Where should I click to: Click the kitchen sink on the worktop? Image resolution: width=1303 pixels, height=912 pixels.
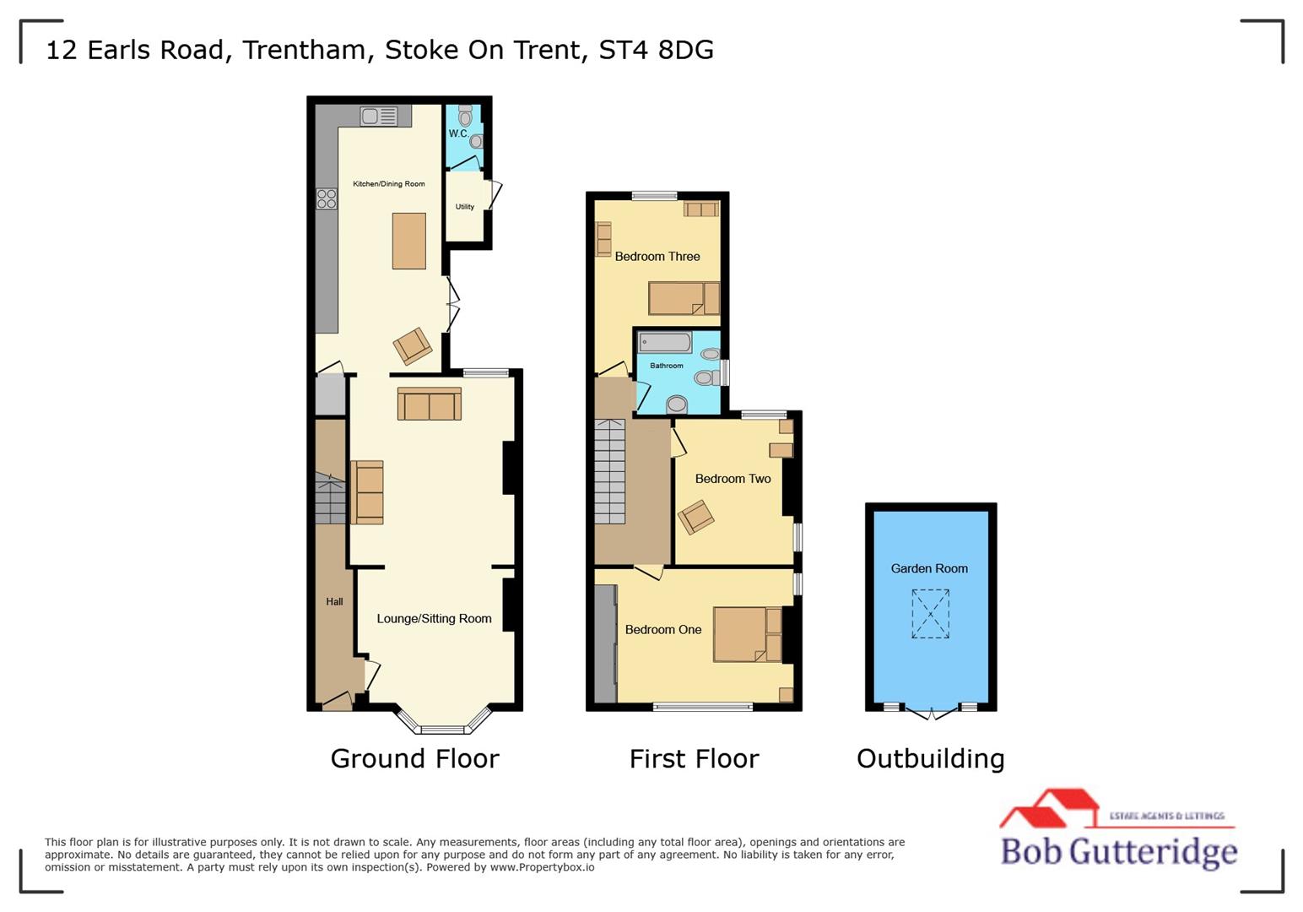tap(379, 117)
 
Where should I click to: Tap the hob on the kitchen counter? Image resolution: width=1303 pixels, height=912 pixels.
tap(327, 199)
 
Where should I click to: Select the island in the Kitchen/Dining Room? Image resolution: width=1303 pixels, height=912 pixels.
tap(409, 242)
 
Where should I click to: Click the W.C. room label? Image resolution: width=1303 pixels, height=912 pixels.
tap(458, 133)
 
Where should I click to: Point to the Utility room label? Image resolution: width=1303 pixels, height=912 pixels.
tap(465, 207)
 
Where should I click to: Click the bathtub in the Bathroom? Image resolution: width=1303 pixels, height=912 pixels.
tap(665, 343)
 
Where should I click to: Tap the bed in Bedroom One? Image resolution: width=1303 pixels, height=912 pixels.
tap(747, 634)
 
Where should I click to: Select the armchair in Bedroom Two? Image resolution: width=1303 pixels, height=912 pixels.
tap(696, 517)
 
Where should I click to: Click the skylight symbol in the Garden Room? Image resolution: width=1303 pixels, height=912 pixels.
tap(930, 613)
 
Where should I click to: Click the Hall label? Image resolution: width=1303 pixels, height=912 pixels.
tap(334, 602)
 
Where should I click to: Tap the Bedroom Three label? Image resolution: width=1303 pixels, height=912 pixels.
tap(657, 257)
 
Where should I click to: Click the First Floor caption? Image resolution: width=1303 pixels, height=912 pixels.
tap(694, 758)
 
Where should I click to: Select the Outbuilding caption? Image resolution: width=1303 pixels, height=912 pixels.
tap(930, 758)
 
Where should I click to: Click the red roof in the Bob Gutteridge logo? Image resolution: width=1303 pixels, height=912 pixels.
tap(1051, 806)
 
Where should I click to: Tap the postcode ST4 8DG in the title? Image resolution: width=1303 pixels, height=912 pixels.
tap(656, 50)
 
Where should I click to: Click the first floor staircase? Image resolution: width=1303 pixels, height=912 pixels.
tap(609, 473)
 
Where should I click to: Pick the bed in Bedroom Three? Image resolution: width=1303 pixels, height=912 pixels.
tap(684, 298)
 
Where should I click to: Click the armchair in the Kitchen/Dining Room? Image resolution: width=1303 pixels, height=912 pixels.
tap(413, 345)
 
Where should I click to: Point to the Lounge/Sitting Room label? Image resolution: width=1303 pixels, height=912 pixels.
tap(434, 619)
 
